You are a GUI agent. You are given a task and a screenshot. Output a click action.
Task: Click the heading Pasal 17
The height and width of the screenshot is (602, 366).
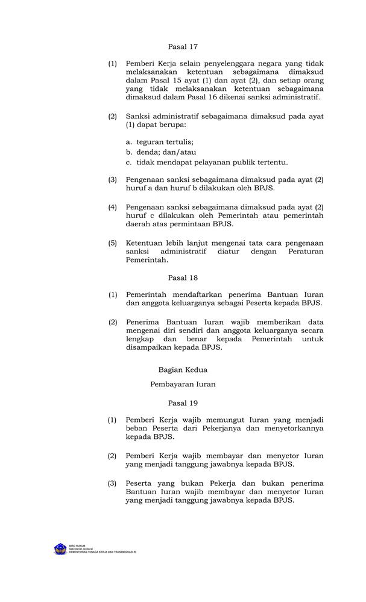point(183,46)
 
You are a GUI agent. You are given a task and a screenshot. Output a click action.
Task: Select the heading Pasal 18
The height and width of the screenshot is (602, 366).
point(183,278)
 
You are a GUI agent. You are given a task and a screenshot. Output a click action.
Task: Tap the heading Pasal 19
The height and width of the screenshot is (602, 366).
point(183,403)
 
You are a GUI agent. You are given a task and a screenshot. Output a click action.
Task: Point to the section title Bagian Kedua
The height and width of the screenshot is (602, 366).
point(183,370)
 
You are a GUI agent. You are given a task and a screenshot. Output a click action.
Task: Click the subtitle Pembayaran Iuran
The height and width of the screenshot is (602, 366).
point(183,383)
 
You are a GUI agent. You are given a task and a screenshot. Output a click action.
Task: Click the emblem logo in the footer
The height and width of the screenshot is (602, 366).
point(60,549)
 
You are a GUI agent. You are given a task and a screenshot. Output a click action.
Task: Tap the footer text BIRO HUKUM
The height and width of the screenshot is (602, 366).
point(78,545)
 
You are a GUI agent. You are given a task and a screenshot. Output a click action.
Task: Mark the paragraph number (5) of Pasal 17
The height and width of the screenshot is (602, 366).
point(113,243)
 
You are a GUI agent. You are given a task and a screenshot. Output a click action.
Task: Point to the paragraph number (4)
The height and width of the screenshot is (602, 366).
point(113,206)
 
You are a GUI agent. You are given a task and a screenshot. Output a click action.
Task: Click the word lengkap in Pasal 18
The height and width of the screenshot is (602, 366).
point(140,339)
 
